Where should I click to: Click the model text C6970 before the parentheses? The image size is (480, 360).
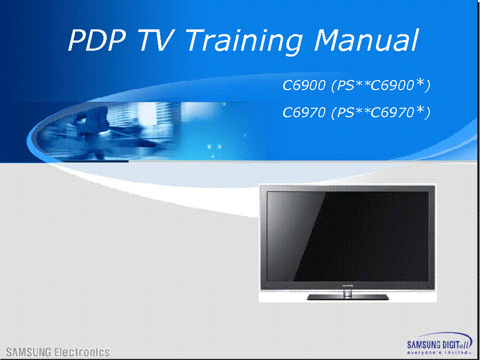303,113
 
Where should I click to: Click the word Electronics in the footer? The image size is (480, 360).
79,352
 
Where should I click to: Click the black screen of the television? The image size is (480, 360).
348,237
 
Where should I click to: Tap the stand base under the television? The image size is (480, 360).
348,297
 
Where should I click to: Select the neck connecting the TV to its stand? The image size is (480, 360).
347,292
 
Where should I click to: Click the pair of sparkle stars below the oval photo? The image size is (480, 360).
214,147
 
